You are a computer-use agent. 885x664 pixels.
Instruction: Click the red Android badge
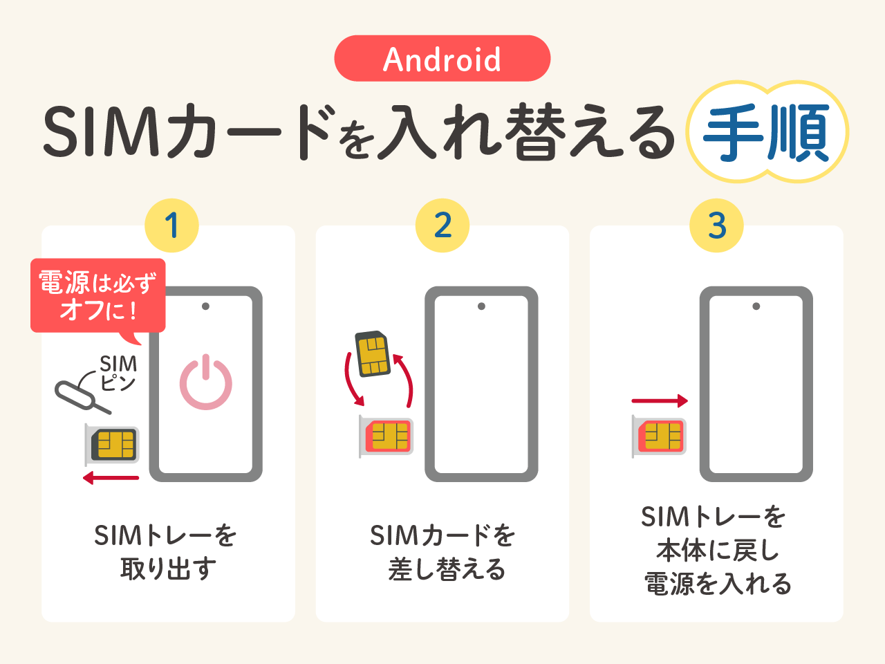coord(442,59)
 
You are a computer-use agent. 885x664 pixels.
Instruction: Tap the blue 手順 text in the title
coord(766,133)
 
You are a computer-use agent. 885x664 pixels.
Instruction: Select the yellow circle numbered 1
coord(171,225)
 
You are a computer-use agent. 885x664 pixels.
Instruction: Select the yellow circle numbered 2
coord(442,225)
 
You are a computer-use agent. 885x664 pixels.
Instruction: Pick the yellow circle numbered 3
coord(716,225)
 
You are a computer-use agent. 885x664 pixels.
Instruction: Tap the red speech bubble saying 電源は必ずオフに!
coord(98,295)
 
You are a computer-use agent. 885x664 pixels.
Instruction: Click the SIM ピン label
coord(118,373)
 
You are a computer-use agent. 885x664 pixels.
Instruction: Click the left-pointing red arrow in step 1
coord(111,478)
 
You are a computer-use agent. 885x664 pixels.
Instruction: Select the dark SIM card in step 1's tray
coord(115,445)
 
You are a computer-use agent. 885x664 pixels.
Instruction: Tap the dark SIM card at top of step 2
coord(373,354)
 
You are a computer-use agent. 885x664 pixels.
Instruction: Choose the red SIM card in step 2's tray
coord(389,436)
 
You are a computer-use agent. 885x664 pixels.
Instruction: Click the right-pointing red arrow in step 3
coord(660,400)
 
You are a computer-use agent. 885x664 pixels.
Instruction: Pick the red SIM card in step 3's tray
coord(662,436)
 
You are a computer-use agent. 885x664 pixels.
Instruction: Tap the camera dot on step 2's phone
coord(481,306)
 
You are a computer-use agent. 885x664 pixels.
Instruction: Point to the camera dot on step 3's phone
coord(756,306)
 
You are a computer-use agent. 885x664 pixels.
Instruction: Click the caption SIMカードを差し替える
coord(443,553)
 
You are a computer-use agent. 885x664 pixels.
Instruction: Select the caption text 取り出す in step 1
coord(168,569)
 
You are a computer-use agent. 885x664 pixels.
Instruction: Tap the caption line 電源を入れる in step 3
coord(718,583)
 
